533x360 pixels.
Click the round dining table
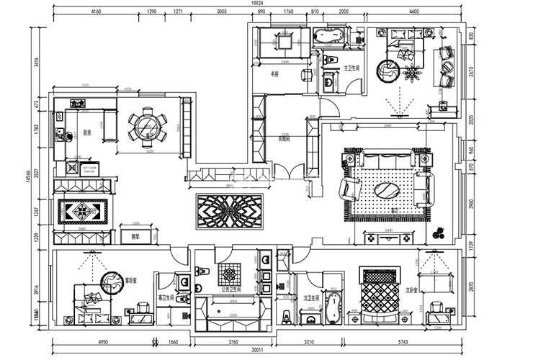(x=146, y=127)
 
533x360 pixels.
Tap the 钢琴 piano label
(x=133, y=235)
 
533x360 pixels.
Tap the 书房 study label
(x=274, y=73)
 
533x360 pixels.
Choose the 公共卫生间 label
(x=233, y=289)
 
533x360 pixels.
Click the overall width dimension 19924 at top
(x=257, y=4)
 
